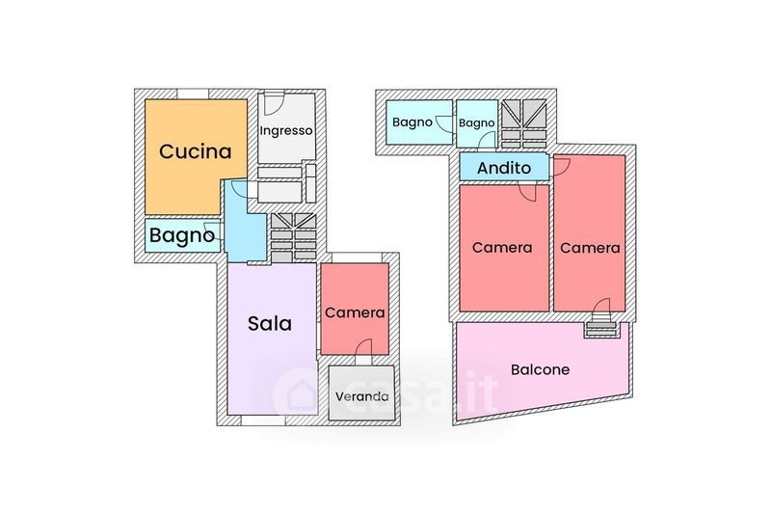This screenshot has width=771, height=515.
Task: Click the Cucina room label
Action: tap(196, 151)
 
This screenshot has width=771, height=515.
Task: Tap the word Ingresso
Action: tap(286, 131)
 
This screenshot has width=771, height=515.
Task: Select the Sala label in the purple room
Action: tap(270, 324)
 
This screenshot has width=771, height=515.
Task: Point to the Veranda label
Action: tap(362, 396)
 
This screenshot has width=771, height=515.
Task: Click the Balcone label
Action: tap(541, 369)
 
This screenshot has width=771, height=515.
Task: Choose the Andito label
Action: tap(504, 168)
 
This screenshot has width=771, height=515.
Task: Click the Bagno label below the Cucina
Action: tap(182, 235)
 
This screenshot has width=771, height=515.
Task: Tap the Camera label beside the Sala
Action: tap(355, 312)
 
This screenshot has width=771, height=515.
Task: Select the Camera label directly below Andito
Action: tap(502, 248)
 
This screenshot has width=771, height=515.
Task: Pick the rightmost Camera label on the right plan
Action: tap(590, 248)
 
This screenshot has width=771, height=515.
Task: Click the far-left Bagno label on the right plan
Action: tap(412, 122)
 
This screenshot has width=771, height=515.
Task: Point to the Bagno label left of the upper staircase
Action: tap(476, 123)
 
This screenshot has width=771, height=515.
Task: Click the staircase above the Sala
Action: tap(293, 237)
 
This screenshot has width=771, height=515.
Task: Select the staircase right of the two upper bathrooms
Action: tap(523, 124)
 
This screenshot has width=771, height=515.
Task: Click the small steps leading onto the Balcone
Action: tap(600, 328)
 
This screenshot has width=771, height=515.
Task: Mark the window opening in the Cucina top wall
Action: tap(193, 94)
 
